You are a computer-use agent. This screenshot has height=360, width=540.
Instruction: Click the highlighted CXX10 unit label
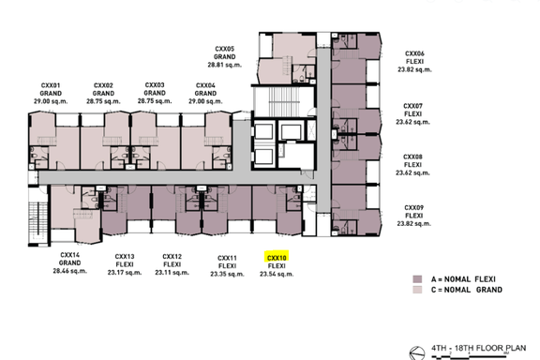pos(277,258)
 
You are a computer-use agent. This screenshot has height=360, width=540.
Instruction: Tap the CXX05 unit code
pos(225,49)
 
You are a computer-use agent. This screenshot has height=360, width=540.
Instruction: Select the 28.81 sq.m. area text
pos(225,65)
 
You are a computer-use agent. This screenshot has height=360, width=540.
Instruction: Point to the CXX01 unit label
pos(51,85)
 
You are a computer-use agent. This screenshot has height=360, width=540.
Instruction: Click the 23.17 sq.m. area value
pos(125,273)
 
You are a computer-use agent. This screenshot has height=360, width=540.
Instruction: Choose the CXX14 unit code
pos(70,255)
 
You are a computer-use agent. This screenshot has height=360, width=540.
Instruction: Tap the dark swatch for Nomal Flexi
pos(417,279)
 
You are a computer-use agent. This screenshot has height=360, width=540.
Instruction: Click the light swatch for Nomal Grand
pos(417,290)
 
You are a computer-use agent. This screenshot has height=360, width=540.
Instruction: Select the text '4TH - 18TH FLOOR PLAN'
pos(479,349)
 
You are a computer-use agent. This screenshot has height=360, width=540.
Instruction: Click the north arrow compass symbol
pos(416,353)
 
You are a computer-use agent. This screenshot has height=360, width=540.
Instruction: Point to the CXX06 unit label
pos(414,53)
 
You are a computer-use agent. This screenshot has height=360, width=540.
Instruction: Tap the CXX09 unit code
pos(414,208)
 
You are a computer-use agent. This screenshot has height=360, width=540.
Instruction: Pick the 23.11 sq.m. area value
pos(172,273)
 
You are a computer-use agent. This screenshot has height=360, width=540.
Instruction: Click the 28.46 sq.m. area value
pos(70,271)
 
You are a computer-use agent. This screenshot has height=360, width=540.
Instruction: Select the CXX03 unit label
pos(155,85)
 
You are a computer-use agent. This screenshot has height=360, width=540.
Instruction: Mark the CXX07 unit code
pos(412,106)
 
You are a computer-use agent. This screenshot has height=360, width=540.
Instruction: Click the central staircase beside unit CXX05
pos(283,102)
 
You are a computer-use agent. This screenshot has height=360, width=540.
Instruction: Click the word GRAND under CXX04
pos(205,94)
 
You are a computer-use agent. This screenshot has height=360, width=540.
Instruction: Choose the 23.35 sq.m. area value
pos(227,275)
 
